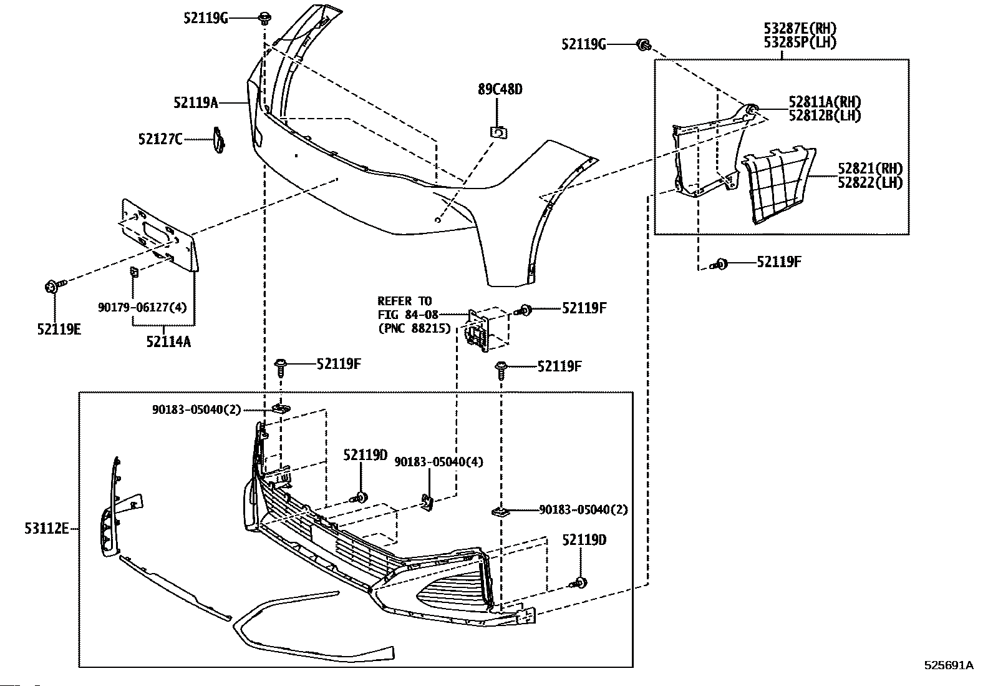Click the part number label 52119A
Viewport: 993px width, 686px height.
[x=195, y=102]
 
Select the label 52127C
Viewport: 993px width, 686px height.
[x=160, y=139]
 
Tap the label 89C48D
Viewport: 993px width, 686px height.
[x=500, y=89]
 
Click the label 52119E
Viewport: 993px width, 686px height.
[x=59, y=328]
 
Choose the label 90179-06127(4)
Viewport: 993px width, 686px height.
[x=142, y=307]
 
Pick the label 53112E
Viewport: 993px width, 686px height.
[x=46, y=529]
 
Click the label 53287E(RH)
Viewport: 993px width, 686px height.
[x=800, y=29]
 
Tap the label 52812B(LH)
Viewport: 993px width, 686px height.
[x=825, y=115]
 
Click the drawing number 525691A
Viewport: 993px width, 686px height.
[x=948, y=665]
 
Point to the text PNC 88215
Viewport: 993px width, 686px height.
[x=414, y=327]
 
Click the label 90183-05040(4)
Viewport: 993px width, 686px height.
[x=438, y=462]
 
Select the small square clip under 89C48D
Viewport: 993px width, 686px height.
[x=498, y=132]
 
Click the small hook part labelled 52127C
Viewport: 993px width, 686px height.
[x=218, y=140]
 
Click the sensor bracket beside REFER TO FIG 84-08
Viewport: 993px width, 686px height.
[x=479, y=329]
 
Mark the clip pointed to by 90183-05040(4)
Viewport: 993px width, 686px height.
[x=428, y=502]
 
